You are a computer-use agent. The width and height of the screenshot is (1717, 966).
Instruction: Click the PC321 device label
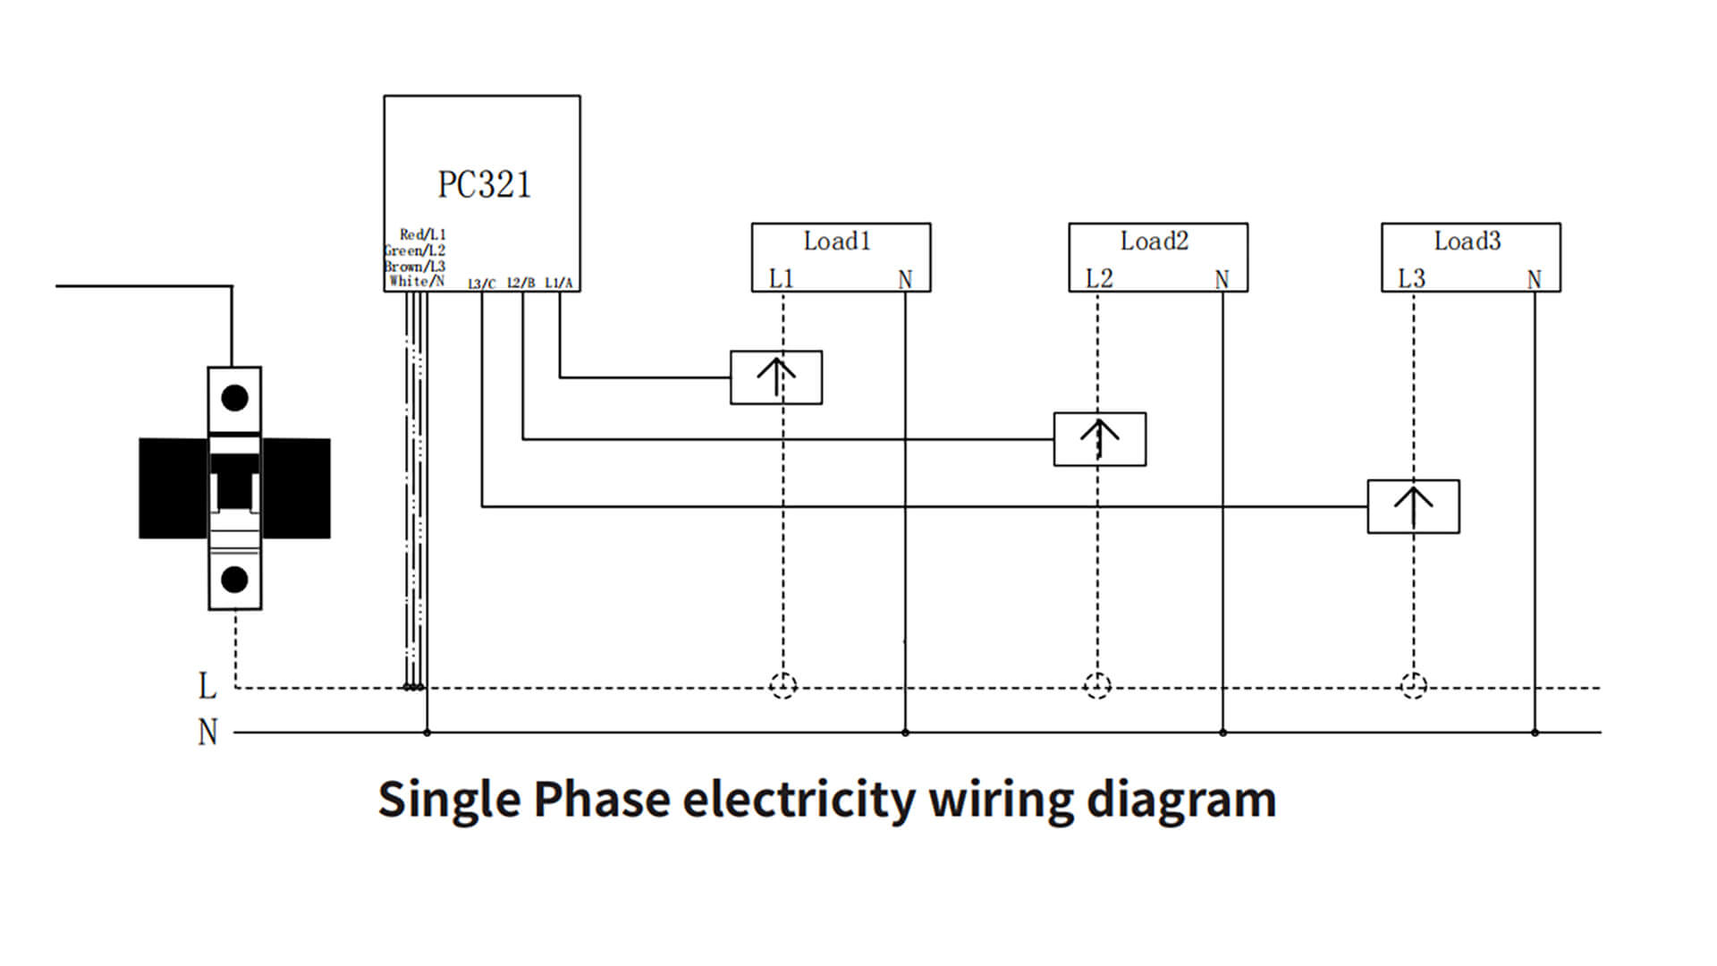point(484,185)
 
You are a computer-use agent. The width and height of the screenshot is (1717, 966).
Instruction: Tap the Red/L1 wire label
point(422,234)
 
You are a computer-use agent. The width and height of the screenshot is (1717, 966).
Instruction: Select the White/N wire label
point(417,281)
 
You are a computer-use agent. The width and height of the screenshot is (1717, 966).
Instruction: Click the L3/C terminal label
point(481,284)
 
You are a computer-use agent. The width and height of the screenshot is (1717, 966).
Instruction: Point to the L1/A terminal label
point(558,283)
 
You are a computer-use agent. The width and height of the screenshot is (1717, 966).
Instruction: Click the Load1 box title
point(836,241)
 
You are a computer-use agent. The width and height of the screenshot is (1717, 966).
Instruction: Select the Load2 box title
point(1154,241)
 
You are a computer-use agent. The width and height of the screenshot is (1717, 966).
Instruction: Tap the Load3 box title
point(1467,241)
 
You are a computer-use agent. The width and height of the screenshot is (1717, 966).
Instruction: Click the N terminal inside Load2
point(1222,279)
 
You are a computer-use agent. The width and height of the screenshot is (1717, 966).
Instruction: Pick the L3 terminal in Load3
point(1411,278)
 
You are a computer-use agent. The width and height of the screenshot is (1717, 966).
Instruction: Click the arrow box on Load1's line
point(775,377)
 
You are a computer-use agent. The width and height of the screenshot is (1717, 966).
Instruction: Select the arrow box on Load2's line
point(1099,438)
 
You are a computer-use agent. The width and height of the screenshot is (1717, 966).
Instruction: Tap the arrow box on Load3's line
point(1413,506)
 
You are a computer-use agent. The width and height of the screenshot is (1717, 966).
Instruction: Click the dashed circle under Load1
point(782,686)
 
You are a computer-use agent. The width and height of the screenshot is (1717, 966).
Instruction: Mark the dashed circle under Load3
point(1413,686)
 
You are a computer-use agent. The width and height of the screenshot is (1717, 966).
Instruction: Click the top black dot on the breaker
point(234,398)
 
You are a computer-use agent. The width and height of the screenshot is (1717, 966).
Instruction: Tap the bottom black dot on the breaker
point(234,580)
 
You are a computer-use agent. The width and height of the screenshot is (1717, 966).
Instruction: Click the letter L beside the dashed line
point(207,686)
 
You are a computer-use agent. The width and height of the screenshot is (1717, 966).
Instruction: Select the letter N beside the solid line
point(207,733)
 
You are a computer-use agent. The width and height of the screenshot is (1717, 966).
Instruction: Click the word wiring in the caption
point(1001,799)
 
